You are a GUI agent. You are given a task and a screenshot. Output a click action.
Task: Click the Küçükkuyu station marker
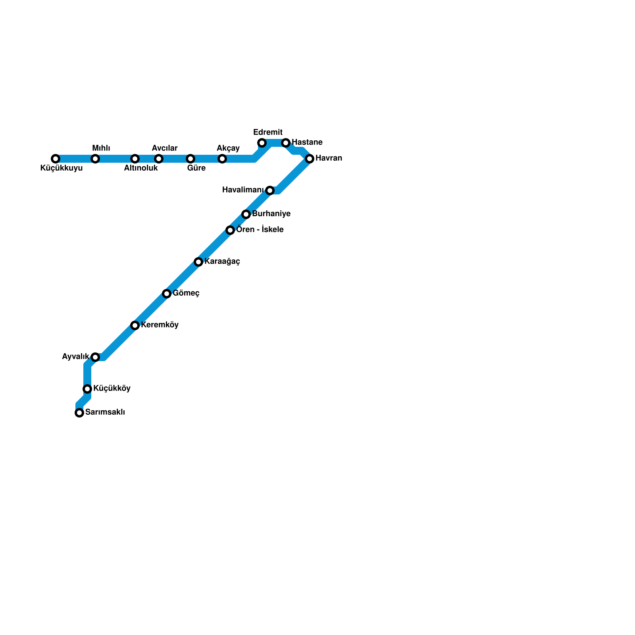56,159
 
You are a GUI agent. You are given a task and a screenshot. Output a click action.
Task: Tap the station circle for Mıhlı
95,159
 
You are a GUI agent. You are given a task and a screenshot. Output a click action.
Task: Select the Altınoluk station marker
135,159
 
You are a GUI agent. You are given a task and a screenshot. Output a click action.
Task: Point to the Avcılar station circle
159,159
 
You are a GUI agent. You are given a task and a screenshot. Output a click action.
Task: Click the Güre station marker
190,159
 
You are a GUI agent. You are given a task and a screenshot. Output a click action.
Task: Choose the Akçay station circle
222,159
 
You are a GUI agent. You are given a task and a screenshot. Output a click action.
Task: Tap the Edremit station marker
262,143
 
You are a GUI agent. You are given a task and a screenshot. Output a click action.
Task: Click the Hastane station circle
286,143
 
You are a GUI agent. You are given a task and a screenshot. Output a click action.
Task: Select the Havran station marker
310,159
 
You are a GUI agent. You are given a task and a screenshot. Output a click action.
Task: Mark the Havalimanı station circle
270,190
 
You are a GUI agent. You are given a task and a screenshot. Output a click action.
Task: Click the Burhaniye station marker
246,214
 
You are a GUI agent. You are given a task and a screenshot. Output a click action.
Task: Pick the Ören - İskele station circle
230,230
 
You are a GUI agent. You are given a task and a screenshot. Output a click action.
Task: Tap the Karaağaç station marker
198,262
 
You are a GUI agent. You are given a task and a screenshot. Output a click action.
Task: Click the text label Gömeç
186,293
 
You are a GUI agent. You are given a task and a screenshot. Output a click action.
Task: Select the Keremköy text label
160,325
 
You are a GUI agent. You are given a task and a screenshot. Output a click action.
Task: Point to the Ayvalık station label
75,357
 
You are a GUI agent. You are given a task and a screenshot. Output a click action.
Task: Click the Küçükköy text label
112,389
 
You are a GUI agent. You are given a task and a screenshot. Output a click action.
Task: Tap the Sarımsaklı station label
105,412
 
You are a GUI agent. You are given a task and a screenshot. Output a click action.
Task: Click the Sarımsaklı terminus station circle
79,413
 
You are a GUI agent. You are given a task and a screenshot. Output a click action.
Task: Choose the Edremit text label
268,132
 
